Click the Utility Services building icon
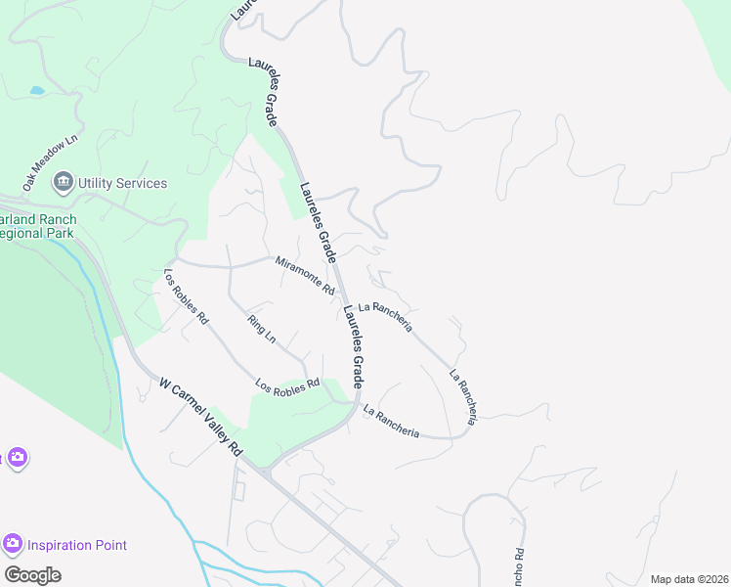[64, 183]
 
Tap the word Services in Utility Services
[141, 183]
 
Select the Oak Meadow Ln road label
[50, 163]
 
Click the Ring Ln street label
[262, 329]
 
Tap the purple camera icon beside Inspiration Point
[13, 544]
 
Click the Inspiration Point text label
[77, 545]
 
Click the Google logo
[32, 575]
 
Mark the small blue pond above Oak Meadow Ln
[37, 90]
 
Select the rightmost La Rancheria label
[463, 396]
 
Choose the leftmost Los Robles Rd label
[186, 296]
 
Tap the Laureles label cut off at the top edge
[242, 10]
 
